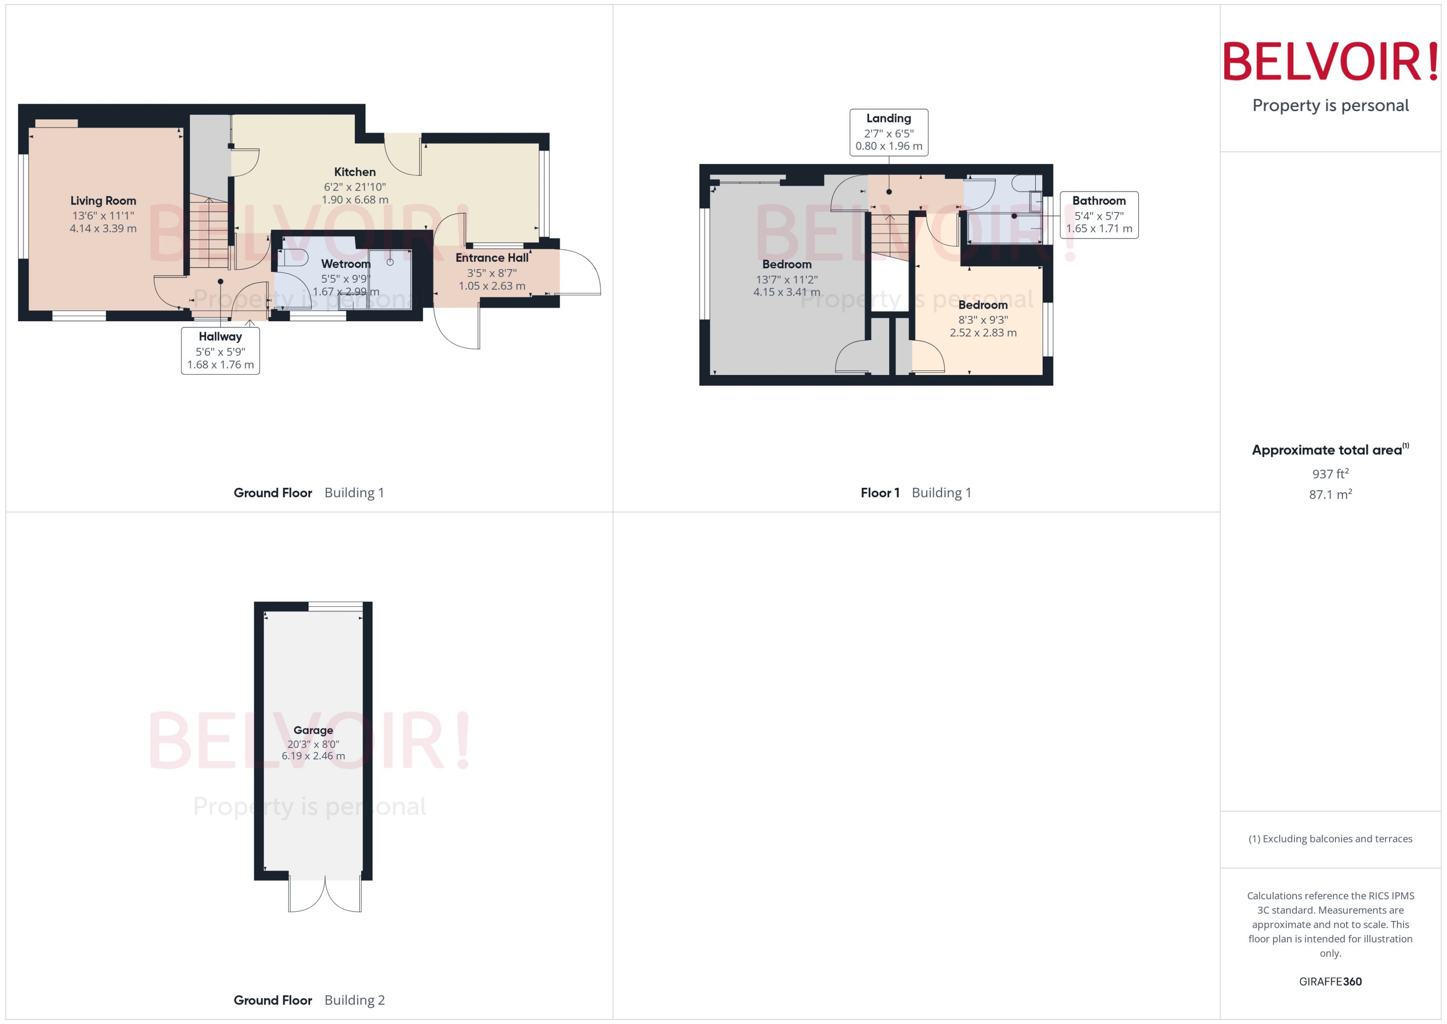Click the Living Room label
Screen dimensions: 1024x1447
click(103, 201)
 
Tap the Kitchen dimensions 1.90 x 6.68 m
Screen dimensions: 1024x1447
click(355, 200)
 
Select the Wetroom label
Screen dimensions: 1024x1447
click(346, 264)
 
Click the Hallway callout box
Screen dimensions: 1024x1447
click(220, 351)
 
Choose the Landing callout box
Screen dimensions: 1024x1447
click(888, 132)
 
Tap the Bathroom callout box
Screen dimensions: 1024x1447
click(1098, 215)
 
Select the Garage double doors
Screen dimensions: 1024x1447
click(325, 894)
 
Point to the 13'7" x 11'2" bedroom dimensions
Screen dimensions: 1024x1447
click(786, 279)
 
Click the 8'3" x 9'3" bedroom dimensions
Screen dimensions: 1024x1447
click(983, 320)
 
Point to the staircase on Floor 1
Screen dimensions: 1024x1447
click(890, 236)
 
